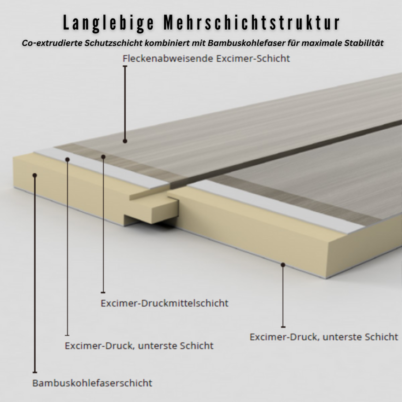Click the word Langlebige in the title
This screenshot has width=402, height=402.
click(x=107, y=23)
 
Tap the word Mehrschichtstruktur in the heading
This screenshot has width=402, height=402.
click(x=252, y=23)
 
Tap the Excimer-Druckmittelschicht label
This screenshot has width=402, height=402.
click(x=165, y=303)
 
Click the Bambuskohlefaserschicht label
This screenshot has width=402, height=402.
click(x=92, y=383)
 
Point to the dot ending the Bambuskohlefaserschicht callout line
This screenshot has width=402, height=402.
click(x=35, y=175)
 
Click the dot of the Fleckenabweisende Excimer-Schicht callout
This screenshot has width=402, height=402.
click(x=125, y=141)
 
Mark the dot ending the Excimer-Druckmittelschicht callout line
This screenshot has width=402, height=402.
click(x=103, y=156)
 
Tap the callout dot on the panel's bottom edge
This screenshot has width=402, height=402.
click(x=283, y=265)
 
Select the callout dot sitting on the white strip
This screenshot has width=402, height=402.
click(x=67, y=159)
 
